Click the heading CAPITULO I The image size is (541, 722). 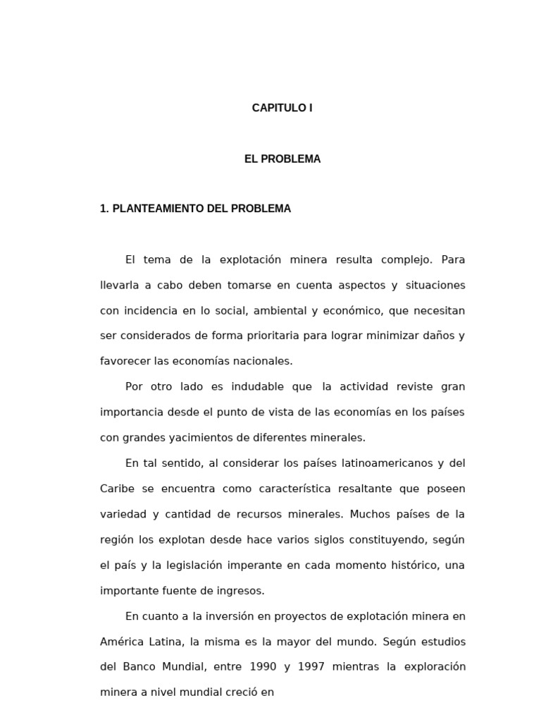pos(282,108)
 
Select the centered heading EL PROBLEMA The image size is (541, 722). pos(282,159)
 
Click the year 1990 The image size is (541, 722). pos(263,667)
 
